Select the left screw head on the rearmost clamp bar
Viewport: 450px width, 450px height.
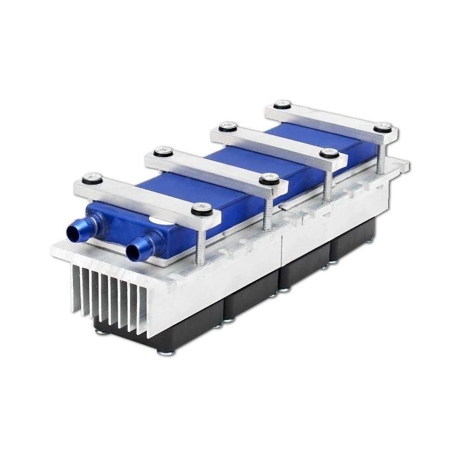(x=281, y=105)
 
